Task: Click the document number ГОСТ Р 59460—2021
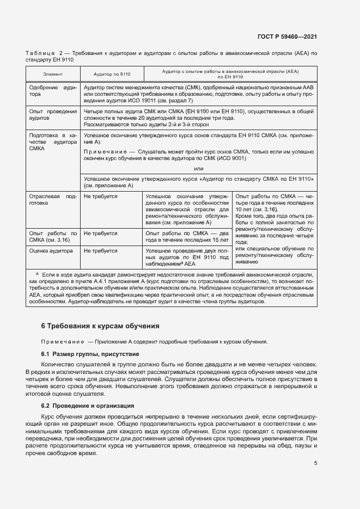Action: (x=288, y=37)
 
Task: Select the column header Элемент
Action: (x=53, y=73)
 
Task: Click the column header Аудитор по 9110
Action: (x=112, y=73)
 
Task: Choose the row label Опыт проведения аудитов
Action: (x=53, y=114)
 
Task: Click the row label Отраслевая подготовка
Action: (x=53, y=199)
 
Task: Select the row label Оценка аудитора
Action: (x=51, y=251)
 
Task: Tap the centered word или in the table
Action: (x=198, y=169)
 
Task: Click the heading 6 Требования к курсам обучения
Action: (x=100, y=326)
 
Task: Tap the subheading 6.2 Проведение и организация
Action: (x=87, y=406)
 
